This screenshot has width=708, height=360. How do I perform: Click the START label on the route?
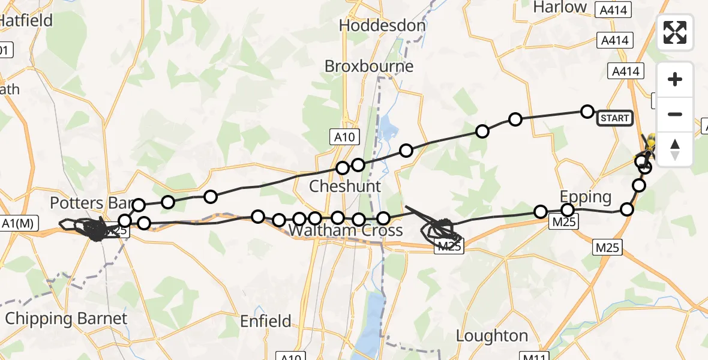[x=615, y=118]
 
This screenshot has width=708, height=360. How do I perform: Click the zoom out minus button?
[x=675, y=114]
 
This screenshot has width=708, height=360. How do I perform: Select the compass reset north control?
[x=675, y=149]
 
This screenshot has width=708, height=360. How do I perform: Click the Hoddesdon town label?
[x=382, y=26]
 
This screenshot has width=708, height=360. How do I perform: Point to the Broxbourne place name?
[x=369, y=66]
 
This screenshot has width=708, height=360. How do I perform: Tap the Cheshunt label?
[x=344, y=186]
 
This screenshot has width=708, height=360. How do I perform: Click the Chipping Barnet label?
[x=66, y=319]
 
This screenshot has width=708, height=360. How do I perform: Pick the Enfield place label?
[x=265, y=322]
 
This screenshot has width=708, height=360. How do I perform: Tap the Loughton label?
[x=492, y=335]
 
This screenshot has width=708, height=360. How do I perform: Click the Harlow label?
[x=560, y=7]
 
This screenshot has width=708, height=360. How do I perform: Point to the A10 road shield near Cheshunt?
[x=344, y=137]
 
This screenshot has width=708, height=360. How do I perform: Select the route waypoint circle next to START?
[x=587, y=112]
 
